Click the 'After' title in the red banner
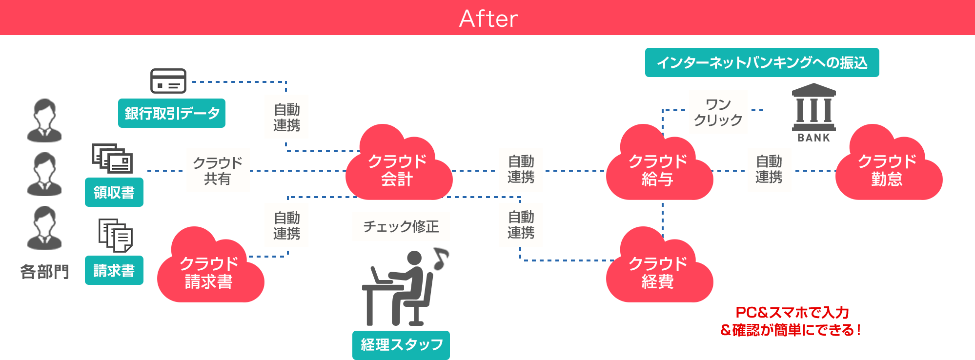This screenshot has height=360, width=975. pyautogui.click(x=488, y=19)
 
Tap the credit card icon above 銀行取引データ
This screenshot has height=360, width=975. pyautogui.click(x=168, y=81)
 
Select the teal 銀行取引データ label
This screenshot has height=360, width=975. pyautogui.click(x=171, y=113)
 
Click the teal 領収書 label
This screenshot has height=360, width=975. pyautogui.click(x=114, y=192)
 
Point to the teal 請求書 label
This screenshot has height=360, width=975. pyautogui.click(x=114, y=270)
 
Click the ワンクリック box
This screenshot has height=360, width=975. pyautogui.click(x=718, y=112)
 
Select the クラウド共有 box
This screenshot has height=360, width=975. pyautogui.click(x=218, y=170)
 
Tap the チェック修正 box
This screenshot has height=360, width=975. pyautogui.click(x=401, y=226)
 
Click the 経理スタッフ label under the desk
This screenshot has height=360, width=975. pyautogui.click(x=401, y=345)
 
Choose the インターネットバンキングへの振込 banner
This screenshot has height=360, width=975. pyautogui.click(x=762, y=62)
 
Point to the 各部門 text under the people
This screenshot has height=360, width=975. pyautogui.click(x=44, y=271)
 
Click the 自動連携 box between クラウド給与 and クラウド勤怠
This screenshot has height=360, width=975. pyautogui.click(x=769, y=170)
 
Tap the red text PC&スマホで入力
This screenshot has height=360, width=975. pyautogui.click(x=792, y=312)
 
